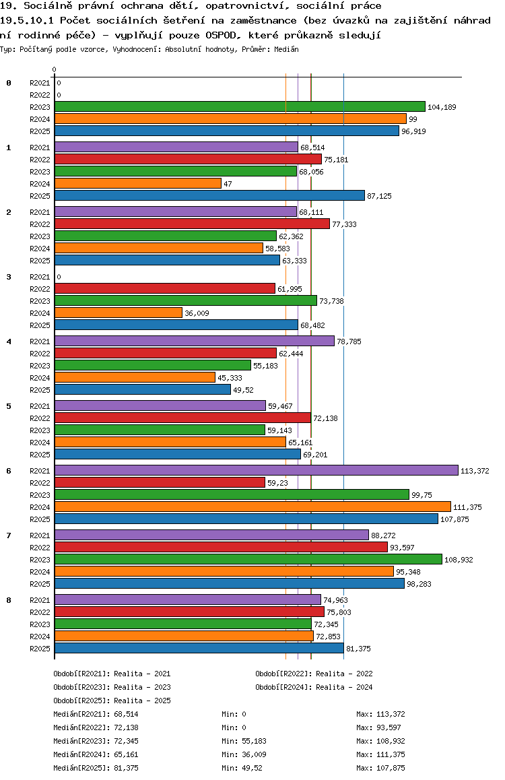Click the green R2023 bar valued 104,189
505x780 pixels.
coord(240,106)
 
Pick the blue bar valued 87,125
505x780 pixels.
coord(209,195)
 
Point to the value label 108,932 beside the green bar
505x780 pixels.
coord(458,560)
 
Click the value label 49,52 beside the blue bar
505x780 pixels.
coord(243,390)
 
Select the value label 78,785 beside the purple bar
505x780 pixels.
coord(349,342)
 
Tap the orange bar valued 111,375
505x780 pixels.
coord(252,507)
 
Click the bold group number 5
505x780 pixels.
coord(9,406)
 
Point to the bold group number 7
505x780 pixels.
coord(9,535)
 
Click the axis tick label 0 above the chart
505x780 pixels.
coord(55,69)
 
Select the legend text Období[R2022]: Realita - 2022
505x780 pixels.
coord(314,674)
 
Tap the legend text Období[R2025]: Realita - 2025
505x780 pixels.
coord(112,701)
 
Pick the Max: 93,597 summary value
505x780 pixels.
coord(380,727)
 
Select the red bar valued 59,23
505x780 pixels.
coord(160,482)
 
